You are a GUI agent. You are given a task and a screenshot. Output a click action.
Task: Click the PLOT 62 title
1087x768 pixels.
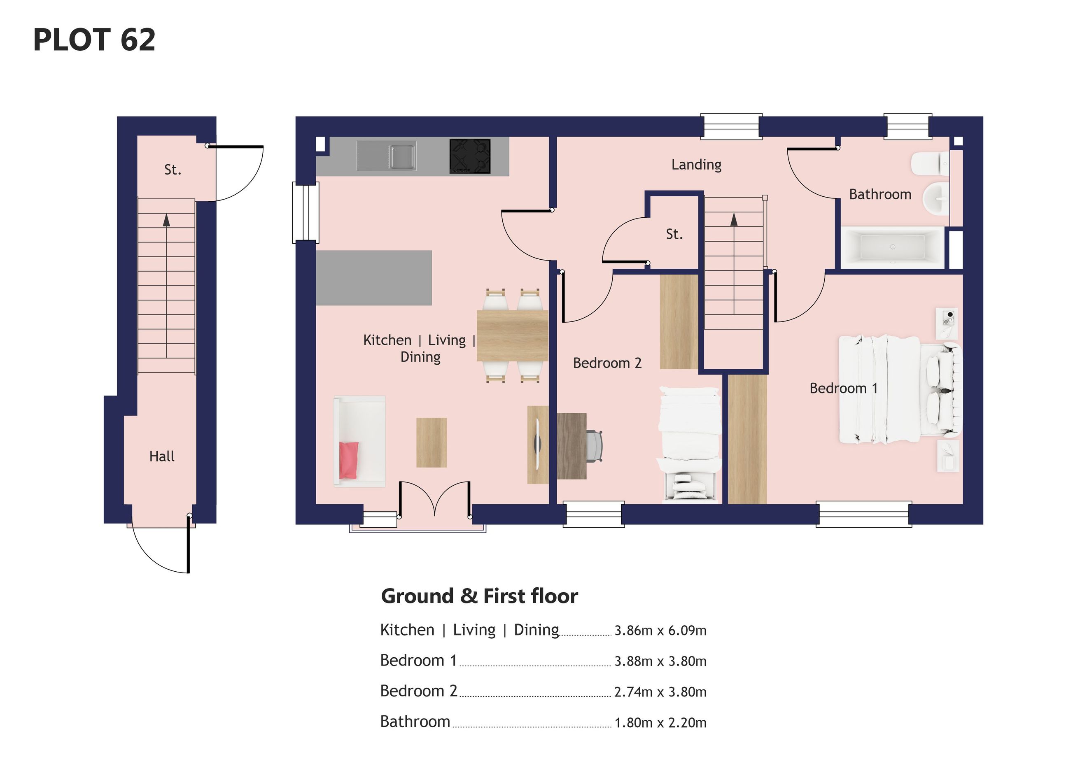[94, 40]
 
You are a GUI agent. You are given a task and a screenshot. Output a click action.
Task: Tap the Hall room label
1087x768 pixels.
[162, 456]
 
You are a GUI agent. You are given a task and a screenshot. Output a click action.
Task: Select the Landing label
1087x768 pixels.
[696, 165]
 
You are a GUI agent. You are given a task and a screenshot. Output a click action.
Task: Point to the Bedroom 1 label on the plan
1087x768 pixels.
[844, 388]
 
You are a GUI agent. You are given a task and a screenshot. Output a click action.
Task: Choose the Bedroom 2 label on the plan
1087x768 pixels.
[607, 363]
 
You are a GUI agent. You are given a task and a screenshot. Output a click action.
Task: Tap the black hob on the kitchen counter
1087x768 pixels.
[470, 156]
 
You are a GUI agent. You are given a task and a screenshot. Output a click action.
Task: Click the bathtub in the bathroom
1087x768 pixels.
[892, 247]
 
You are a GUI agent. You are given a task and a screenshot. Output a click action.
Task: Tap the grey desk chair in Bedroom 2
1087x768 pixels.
[595, 446]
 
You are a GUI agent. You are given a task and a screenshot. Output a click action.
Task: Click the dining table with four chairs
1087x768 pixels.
[512, 335]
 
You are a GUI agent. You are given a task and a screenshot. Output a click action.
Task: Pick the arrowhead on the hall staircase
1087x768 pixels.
[166, 220]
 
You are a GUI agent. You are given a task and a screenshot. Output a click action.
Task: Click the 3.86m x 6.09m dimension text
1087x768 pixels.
[660, 631]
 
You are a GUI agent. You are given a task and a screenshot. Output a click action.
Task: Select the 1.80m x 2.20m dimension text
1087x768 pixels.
[660, 723]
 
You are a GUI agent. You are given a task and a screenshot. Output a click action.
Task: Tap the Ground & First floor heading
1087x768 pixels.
[480, 596]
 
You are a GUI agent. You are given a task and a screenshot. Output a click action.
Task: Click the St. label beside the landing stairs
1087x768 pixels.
[674, 234]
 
